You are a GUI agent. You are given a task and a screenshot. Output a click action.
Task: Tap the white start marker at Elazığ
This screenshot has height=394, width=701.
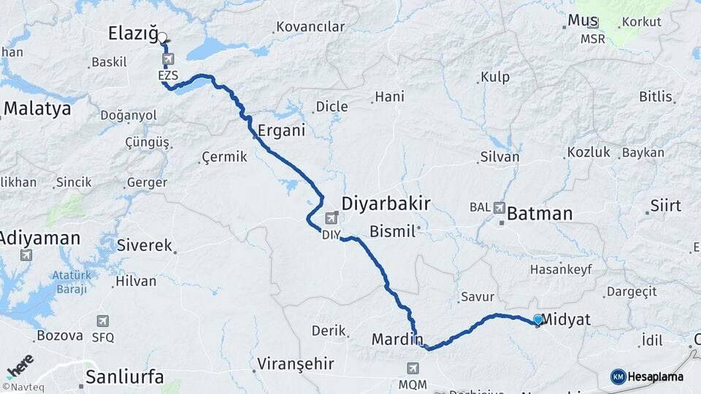pos(162,37)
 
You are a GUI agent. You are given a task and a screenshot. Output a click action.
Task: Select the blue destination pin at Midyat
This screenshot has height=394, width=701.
pos(538,320)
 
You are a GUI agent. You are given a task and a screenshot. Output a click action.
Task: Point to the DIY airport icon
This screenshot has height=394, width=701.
pos(332,217)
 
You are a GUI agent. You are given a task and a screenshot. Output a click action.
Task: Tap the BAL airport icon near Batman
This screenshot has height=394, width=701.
pos(499,207)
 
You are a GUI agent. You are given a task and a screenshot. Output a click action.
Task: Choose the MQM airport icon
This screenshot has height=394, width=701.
pos(413,368)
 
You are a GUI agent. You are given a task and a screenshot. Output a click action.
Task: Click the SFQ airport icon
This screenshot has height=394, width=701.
pos(103,321)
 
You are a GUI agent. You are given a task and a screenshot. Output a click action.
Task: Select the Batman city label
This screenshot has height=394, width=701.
pos(539,214)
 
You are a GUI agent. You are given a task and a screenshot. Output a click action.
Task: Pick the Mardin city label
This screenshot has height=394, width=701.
pos(397,339)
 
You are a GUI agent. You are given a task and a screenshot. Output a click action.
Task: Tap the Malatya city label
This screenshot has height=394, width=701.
pos(37,109)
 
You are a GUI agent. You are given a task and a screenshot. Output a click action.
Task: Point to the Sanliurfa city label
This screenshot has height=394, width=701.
pos(124,377)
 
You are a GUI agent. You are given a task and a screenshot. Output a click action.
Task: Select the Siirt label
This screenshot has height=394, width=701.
pos(665,205)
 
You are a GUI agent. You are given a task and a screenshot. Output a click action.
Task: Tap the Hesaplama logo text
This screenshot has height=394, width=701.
pos(655,376)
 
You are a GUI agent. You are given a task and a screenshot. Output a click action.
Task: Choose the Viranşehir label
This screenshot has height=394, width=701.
pos(295,363)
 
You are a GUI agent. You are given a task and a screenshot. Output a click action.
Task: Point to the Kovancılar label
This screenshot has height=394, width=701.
pos(310,27)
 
